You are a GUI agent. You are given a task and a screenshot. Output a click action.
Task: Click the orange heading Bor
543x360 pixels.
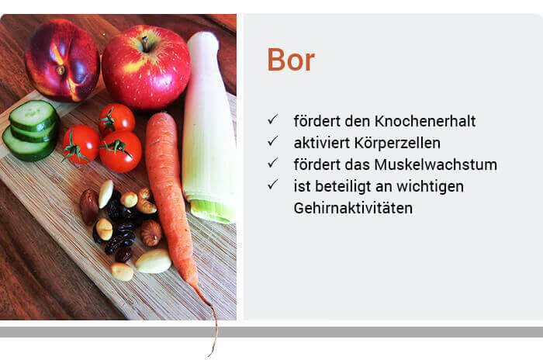click(x=291, y=60)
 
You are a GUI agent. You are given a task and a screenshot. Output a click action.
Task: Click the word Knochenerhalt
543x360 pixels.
click(x=425, y=121)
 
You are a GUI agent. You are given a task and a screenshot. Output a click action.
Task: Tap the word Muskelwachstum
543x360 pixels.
click(x=436, y=164)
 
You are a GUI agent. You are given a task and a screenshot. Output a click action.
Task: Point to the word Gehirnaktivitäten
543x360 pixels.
click(x=353, y=208)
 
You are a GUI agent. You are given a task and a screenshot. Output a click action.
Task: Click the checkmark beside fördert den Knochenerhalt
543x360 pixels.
click(x=272, y=119)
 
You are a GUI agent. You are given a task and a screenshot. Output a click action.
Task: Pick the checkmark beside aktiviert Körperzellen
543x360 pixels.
click(x=272, y=141)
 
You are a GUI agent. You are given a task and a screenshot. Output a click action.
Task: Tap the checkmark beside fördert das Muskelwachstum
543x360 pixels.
click(x=272, y=163)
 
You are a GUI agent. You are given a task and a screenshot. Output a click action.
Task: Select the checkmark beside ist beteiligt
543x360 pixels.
click(x=272, y=185)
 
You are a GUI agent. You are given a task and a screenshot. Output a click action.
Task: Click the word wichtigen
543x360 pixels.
click(x=430, y=187)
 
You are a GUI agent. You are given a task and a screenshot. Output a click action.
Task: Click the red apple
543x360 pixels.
click(x=146, y=67)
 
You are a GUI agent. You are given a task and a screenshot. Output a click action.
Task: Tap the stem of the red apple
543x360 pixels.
click(x=146, y=43)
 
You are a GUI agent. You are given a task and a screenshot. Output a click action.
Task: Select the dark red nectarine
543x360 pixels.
click(x=62, y=61)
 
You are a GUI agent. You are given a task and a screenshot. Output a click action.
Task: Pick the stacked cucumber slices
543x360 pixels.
click(x=31, y=130)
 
